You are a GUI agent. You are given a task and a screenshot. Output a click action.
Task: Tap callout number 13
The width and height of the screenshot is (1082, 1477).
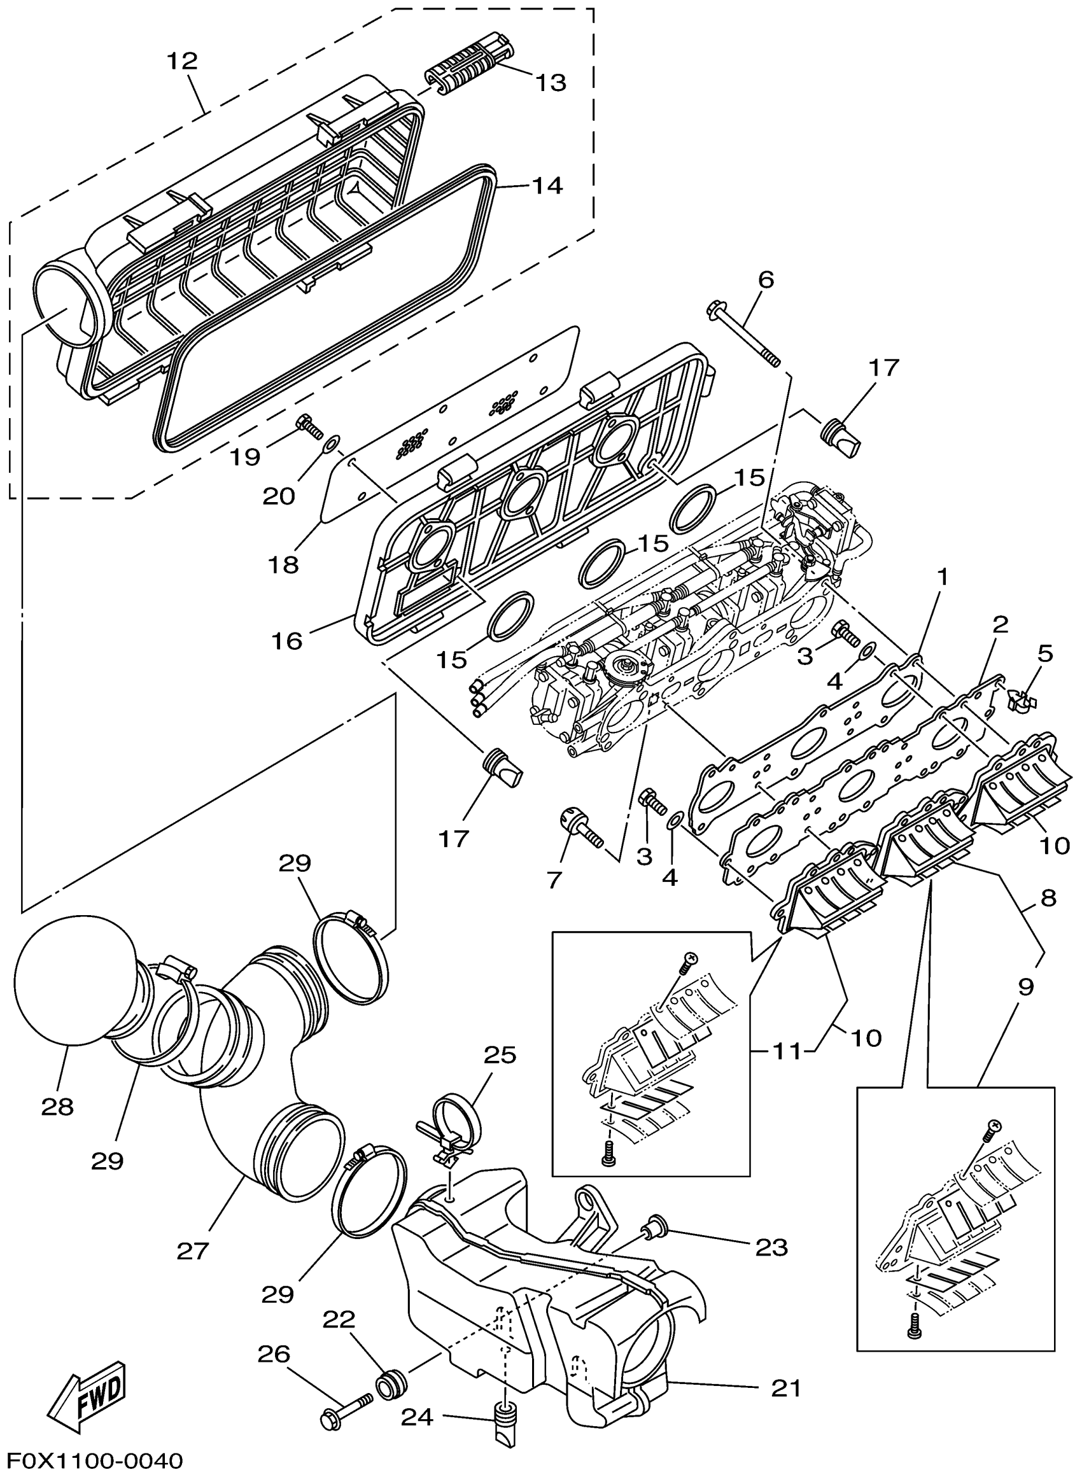(x=551, y=83)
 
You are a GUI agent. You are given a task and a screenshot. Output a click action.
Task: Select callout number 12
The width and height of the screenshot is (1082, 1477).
(x=181, y=62)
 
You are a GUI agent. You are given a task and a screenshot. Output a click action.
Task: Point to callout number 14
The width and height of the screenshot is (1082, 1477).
(x=547, y=186)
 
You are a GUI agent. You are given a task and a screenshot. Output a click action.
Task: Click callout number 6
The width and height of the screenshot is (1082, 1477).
(x=766, y=279)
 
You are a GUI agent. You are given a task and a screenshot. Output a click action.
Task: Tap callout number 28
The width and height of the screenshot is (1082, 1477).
(x=58, y=1107)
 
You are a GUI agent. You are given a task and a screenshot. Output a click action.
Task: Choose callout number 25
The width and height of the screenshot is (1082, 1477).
(x=500, y=1054)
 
